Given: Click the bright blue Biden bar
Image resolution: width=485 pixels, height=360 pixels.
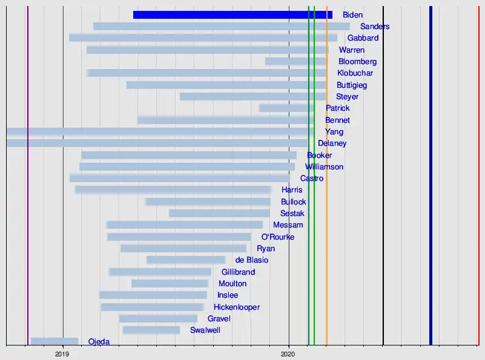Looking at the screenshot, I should point(233,15).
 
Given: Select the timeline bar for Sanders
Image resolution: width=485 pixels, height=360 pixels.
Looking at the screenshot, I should point(221,26).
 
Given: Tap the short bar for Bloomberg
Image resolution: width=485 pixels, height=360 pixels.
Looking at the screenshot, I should point(296,61).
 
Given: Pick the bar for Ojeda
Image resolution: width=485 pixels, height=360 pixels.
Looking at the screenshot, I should point(54,341).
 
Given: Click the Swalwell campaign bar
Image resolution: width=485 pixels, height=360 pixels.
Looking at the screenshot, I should point(151,330).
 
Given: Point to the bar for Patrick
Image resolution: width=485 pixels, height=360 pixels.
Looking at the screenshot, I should point(287,108).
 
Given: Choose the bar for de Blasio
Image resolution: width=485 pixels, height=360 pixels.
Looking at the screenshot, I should point(186,260).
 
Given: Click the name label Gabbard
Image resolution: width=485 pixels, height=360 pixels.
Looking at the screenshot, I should point(363,38).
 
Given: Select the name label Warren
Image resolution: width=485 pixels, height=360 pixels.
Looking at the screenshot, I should point(352,50).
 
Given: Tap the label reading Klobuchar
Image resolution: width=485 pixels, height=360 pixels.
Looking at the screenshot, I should point(355,73).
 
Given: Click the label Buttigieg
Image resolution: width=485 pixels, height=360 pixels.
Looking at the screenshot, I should point(352,85).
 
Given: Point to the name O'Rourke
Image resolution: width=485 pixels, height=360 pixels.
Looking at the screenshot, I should point(277,237).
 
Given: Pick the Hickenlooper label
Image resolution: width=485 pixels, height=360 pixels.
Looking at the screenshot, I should point(237,307).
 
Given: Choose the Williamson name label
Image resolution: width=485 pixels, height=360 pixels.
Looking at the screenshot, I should point(324,166).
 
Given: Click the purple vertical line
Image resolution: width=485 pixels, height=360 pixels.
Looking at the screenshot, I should point(28,182).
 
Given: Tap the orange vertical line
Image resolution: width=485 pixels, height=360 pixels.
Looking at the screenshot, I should point(327,182).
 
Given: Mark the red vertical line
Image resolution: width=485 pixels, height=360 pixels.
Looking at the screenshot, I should point(478,182).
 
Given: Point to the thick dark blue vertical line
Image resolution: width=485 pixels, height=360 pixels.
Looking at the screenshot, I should point(431,182).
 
